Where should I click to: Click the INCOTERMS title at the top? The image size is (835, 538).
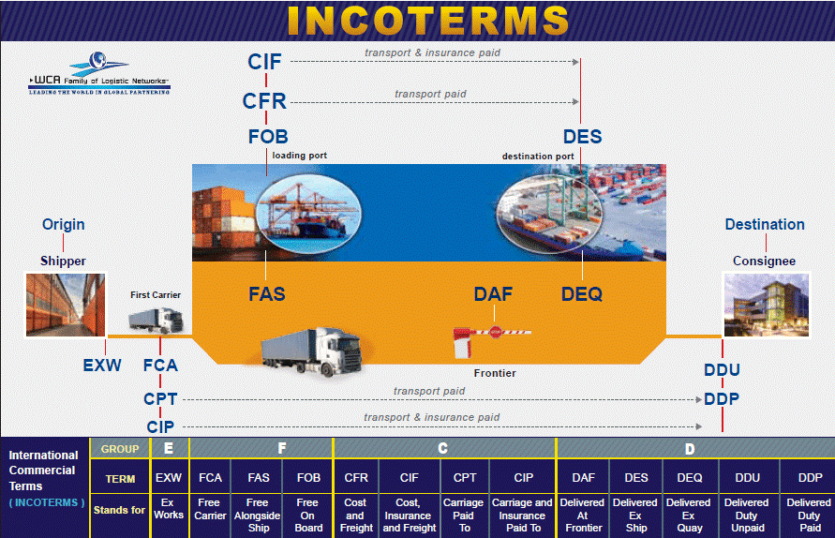(x=428, y=21)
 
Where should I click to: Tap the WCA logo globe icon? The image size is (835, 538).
(x=97, y=60)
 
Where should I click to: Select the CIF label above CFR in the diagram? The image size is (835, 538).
(x=264, y=62)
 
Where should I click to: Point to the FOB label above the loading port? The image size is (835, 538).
(x=268, y=136)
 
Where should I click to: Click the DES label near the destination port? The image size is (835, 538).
(x=583, y=136)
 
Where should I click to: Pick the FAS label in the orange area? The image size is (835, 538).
(x=267, y=294)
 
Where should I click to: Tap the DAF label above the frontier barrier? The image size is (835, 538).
(x=493, y=294)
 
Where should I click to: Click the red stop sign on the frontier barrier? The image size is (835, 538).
(x=496, y=332)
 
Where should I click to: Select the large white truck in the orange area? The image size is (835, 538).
(x=312, y=351)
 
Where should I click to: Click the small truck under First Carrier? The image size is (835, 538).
(x=156, y=320)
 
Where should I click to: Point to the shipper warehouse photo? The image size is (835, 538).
(x=66, y=305)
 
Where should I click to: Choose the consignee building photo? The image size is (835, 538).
(x=767, y=305)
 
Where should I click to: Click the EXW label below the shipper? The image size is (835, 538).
(x=102, y=366)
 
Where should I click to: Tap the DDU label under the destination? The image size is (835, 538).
(x=722, y=369)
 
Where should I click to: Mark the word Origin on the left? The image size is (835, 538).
(x=64, y=224)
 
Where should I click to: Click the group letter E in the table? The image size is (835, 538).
(x=169, y=449)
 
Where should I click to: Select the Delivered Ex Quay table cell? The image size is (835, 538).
(x=689, y=516)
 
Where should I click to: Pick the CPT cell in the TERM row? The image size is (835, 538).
(x=465, y=478)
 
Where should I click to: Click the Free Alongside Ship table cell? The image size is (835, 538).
(x=258, y=516)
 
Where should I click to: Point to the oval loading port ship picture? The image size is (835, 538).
(x=308, y=214)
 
